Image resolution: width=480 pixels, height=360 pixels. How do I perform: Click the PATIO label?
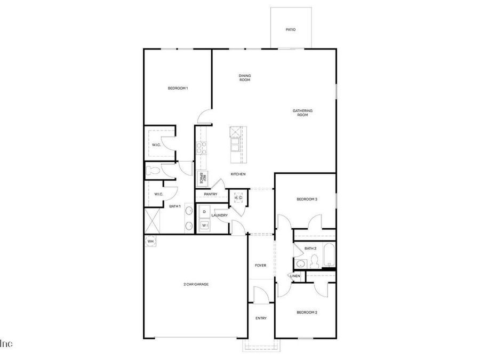290,30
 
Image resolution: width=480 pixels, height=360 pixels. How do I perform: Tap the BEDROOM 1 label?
178,88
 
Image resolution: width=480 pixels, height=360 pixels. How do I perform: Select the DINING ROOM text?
245,78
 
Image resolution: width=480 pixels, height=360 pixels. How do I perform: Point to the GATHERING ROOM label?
302,113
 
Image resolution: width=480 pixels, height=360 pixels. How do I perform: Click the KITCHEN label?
238,174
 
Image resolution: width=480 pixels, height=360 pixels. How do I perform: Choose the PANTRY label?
210,194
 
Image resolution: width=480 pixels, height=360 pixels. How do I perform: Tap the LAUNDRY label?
220,215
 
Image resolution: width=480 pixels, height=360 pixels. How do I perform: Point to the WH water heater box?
150,241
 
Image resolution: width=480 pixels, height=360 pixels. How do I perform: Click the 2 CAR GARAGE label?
196,284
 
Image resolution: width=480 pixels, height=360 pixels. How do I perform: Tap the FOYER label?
260,265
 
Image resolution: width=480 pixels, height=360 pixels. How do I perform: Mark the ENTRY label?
261,318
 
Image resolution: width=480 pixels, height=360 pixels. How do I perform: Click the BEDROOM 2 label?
307,312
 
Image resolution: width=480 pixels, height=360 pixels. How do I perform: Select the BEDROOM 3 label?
307,199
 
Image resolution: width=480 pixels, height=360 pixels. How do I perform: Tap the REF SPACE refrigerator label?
202,178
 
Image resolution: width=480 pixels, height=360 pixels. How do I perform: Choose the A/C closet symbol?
238,198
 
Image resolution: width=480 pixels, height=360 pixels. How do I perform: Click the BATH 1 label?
175,206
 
